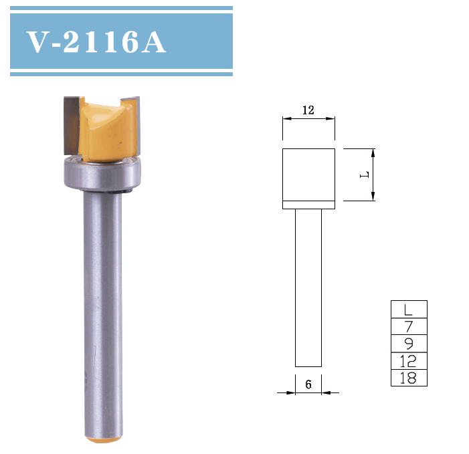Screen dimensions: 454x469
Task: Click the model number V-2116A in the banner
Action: pos(96,42)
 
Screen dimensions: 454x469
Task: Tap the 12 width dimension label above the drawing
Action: pos(308,110)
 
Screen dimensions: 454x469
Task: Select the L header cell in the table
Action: pos(408,310)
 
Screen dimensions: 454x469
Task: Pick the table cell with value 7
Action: pos(408,327)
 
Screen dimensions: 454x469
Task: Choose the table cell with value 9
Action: pos(408,344)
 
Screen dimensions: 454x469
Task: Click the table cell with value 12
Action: pos(408,362)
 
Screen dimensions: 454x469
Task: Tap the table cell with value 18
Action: pos(408,378)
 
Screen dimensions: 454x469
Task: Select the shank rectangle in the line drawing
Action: pos(308,288)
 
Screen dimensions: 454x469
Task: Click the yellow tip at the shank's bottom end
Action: pos(104,439)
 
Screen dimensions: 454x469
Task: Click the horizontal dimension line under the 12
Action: pos(308,119)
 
